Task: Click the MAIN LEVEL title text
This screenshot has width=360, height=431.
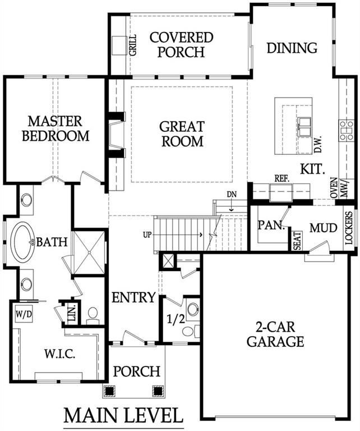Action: click(123, 416)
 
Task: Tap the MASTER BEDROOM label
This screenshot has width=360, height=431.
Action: click(56, 129)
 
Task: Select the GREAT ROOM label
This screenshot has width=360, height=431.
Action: click(182, 134)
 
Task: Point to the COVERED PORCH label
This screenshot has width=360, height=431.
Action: click(181, 45)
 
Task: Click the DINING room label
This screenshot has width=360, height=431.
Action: click(292, 48)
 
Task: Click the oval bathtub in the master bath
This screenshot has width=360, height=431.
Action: click(24, 242)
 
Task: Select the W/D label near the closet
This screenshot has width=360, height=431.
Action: click(24, 314)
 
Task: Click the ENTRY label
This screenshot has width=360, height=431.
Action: click(133, 297)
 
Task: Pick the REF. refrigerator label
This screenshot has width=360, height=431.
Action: click(281, 178)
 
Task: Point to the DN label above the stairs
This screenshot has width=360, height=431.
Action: click(232, 195)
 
